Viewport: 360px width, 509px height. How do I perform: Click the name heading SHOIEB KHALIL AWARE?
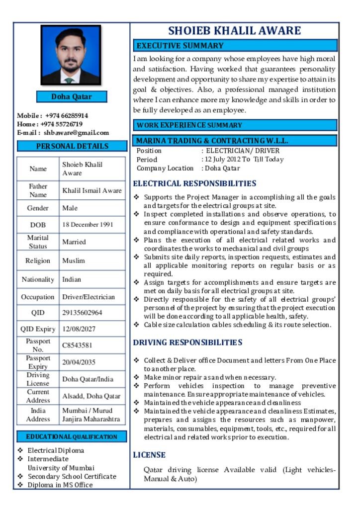[234, 31]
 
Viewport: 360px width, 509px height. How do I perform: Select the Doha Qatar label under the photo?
[72, 96]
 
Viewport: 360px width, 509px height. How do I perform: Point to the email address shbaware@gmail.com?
[76, 133]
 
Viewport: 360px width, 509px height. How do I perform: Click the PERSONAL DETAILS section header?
[72, 146]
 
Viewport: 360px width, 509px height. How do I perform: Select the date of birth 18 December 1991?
[88, 225]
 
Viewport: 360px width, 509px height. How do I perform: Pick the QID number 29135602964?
[82, 313]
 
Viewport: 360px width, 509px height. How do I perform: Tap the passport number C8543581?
[77, 345]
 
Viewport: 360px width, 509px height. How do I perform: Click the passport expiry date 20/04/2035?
[79, 362]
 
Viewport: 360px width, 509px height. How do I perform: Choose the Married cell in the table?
[74, 242]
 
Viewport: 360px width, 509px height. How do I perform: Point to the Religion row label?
[38, 260]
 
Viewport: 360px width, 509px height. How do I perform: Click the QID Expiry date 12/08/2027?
[79, 329]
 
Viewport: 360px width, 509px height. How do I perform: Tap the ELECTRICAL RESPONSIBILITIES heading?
[195, 183]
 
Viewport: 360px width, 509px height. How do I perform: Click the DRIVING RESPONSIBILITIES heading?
[188, 342]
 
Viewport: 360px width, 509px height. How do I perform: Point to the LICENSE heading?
[149, 455]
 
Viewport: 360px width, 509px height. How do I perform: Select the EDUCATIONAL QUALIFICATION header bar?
[72, 437]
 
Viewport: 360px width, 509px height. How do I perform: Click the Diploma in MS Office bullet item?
[60, 485]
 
